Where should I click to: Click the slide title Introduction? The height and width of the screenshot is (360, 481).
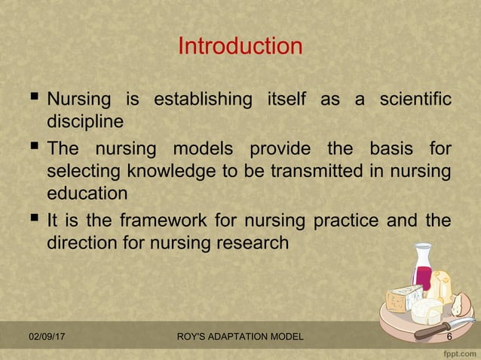240,47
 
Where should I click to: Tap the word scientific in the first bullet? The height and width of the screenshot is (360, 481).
408,99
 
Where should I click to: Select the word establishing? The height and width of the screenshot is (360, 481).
202,99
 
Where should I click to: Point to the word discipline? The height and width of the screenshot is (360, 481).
84,121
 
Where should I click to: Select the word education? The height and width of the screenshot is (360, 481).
87,193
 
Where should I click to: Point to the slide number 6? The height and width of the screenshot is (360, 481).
449,337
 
